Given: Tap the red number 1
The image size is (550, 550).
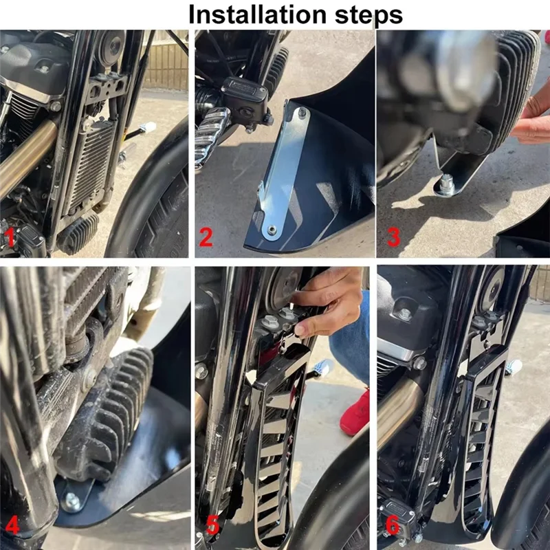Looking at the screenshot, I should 10,238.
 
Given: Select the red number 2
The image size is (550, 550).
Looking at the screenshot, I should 206,238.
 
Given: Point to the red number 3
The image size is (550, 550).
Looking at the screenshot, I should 393,238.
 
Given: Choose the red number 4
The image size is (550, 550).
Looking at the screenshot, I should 12,527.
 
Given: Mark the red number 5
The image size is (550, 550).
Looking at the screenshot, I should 213,527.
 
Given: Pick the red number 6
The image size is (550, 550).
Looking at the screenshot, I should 393,527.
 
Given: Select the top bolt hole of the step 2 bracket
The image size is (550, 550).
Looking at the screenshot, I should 300,112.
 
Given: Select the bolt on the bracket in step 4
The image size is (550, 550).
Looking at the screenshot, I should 71,500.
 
